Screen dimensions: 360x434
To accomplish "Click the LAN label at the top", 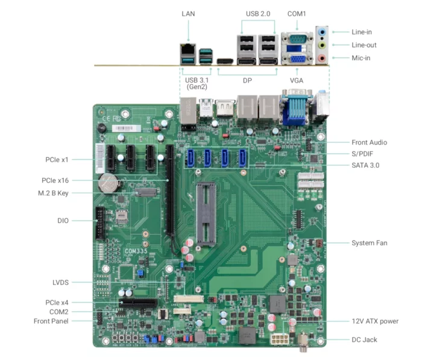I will [188, 13].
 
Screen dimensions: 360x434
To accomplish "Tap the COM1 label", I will [297, 13].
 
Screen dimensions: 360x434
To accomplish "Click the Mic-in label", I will [361, 58].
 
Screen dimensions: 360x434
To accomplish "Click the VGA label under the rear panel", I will [297, 80].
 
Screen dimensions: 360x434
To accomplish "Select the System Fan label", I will [370, 243].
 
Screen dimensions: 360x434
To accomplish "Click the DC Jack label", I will [365, 339].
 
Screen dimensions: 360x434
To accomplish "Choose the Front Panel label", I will [51, 321].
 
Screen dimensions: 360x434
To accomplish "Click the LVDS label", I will [60, 282].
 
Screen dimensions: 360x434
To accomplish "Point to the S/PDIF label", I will [366, 154].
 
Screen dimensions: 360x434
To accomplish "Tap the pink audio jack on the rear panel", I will [322, 58].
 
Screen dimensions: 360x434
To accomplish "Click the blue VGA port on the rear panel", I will [297, 58].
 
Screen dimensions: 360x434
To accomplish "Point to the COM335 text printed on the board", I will [135, 250].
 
